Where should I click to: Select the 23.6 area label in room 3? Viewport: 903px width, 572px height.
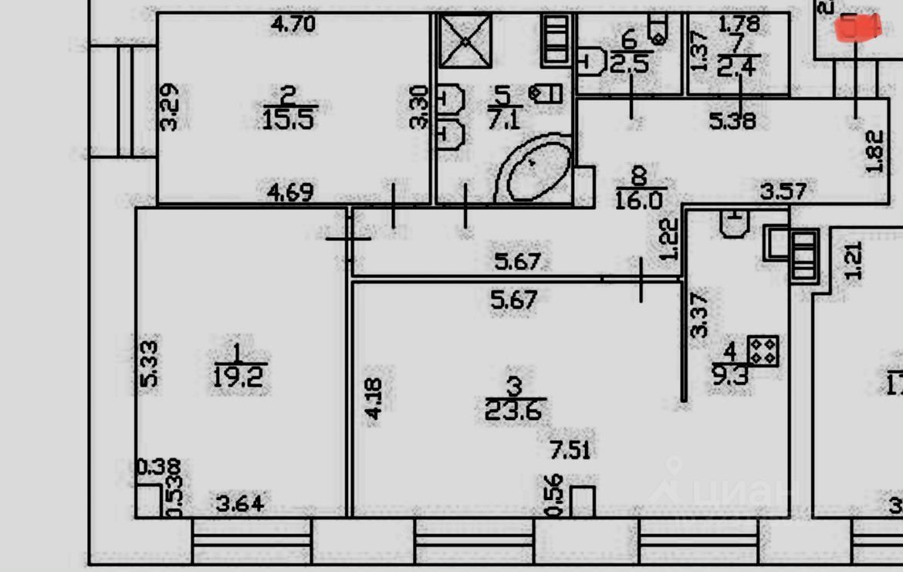(x=513, y=409)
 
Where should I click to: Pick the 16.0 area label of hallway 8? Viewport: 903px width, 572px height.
(x=640, y=201)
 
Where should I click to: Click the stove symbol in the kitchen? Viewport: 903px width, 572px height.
(x=763, y=350)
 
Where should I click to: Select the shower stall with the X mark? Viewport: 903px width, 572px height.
(x=465, y=40)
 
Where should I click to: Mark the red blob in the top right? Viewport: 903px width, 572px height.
(x=859, y=28)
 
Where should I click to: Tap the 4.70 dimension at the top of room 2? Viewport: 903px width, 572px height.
(x=293, y=24)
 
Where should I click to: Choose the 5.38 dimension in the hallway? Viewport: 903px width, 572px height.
(x=732, y=120)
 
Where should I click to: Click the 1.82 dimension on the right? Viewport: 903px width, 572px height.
(x=875, y=151)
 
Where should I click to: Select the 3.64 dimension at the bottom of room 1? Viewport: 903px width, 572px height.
(x=239, y=504)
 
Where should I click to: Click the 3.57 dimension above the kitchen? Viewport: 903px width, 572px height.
(x=783, y=190)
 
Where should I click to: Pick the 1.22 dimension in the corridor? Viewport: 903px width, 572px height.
(x=670, y=240)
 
